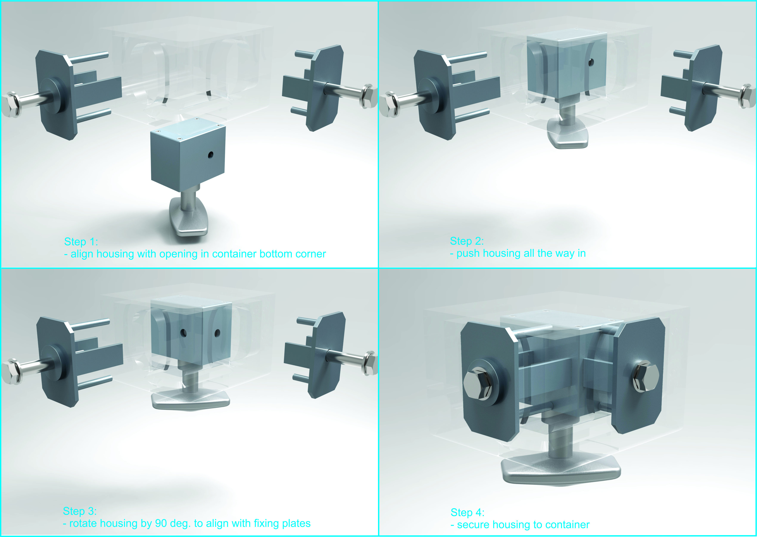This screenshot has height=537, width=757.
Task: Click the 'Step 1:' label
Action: tap(81, 242)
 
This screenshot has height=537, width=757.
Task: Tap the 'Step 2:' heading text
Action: tap(467, 241)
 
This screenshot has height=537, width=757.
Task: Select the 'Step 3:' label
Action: tap(80, 511)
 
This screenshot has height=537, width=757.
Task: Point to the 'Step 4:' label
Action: tap(467, 512)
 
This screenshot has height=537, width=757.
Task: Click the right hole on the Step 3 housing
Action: tap(217, 333)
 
